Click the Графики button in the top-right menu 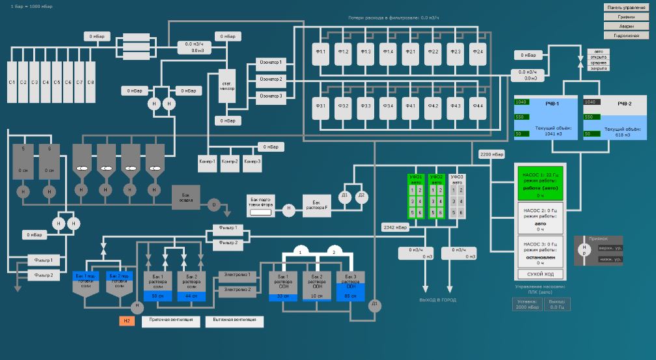click(627, 17)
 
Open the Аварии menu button click(627, 26)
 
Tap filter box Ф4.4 click(478, 105)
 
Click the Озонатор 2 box click(271, 79)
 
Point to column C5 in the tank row click(57, 82)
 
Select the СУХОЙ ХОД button click(540, 273)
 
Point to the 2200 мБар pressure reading click(492, 154)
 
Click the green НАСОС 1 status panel click(540, 182)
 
